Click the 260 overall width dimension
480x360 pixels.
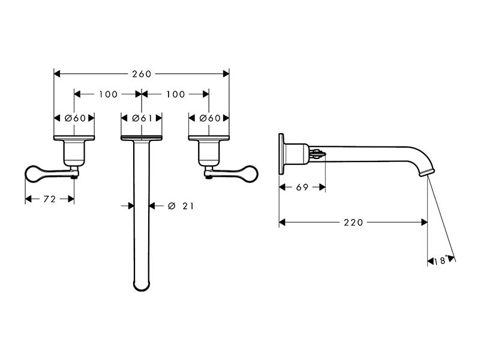coord(142,74)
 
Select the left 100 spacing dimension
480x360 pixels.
coord(108,94)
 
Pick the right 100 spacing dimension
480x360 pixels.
coord(175,94)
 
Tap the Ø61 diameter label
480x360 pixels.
coord(142,118)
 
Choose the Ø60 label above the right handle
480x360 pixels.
coord(210,118)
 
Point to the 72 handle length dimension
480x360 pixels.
coord(50,199)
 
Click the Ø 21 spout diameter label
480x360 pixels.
coord(181,206)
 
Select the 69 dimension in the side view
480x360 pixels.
coord(302,187)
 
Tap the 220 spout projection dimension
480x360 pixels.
coord(353,222)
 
